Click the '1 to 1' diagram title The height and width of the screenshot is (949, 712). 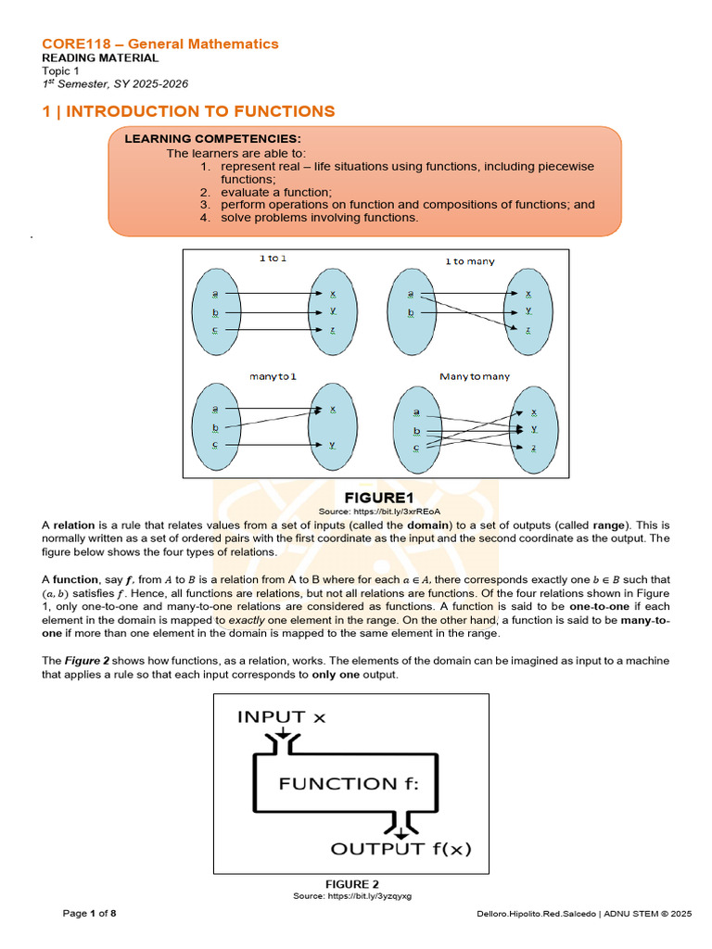(x=272, y=259)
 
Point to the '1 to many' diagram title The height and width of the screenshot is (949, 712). (x=470, y=261)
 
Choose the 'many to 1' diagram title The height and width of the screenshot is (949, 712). (x=273, y=376)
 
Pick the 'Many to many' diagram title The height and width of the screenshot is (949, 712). (x=474, y=376)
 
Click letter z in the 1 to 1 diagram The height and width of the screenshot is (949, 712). (x=331, y=330)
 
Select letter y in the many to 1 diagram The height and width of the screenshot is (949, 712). (x=331, y=445)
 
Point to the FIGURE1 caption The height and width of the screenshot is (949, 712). (x=378, y=498)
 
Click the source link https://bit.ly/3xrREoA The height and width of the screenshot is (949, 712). (x=378, y=511)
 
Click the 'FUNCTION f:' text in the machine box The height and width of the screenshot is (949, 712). (x=350, y=784)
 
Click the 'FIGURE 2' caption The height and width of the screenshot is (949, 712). (x=351, y=884)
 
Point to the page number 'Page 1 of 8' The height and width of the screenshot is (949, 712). (x=90, y=914)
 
